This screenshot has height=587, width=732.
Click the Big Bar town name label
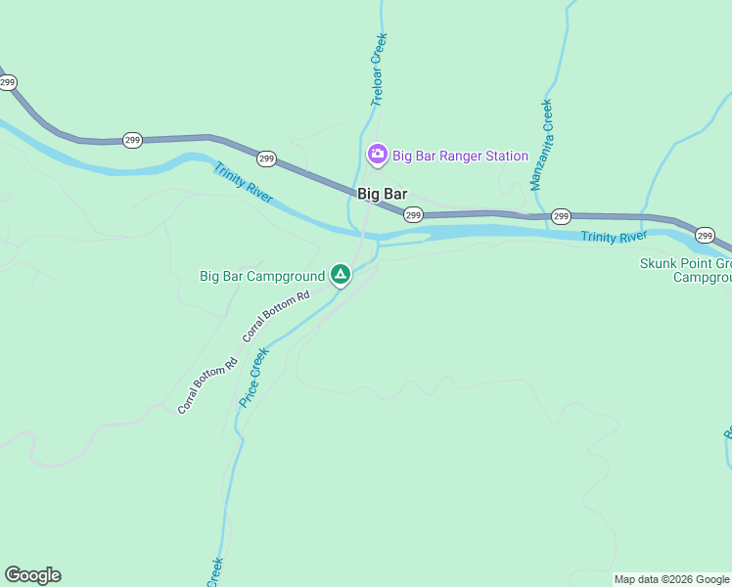(382, 194)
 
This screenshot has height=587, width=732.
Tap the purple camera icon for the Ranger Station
(377, 155)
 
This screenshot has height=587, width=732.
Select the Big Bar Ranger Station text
(460, 156)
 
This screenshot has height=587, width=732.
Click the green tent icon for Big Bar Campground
(340, 275)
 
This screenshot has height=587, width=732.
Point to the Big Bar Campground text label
(261, 277)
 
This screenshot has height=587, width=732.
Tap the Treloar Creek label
(380, 69)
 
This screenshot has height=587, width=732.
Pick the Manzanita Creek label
(541, 145)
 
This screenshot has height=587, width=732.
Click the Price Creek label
(253, 380)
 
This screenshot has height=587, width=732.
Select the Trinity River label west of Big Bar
(245, 183)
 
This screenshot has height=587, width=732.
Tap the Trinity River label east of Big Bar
(614, 237)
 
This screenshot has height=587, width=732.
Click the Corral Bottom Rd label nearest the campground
(276, 315)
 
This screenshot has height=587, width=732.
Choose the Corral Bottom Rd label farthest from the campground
(207, 386)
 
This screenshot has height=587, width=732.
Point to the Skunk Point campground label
(686, 270)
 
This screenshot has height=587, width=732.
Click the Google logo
(32, 575)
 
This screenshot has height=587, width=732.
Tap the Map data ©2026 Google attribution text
(671, 579)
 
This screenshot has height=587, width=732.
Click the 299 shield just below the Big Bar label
(413, 215)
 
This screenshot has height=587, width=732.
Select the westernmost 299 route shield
(8, 83)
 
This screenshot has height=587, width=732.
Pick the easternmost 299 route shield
(705, 235)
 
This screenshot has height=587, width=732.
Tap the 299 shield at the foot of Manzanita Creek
(561, 215)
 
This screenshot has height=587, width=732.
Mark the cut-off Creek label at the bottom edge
(214, 572)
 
